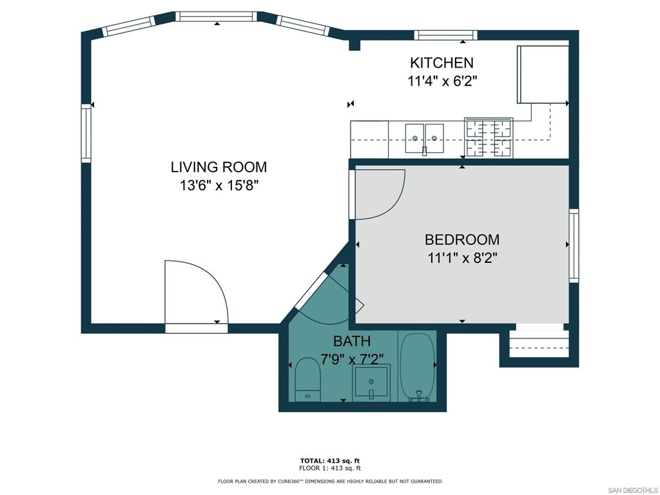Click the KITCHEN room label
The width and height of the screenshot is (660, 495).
tap(442, 63)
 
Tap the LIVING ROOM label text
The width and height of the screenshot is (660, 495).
tap(218, 167)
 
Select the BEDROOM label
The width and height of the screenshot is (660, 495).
tap(461, 240)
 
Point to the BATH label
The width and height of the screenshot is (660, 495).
tap(352, 341)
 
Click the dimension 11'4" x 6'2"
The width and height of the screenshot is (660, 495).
tap(442, 82)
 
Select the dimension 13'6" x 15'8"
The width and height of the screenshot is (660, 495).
tap(218, 186)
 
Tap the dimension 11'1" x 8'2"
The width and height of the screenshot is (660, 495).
tap(461, 258)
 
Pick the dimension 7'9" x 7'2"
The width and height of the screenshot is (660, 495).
tap(353, 358)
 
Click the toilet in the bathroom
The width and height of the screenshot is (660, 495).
tap(307, 380)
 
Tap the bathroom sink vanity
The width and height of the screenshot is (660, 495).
tap(371, 382)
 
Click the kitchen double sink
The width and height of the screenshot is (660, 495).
tap(425, 137)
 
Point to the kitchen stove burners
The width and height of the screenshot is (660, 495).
tap(489, 137)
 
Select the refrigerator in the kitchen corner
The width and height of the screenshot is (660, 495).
tap(542, 74)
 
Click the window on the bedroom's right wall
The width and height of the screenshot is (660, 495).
tap(574, 245)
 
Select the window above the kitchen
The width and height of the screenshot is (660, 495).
tap(445, 35)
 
